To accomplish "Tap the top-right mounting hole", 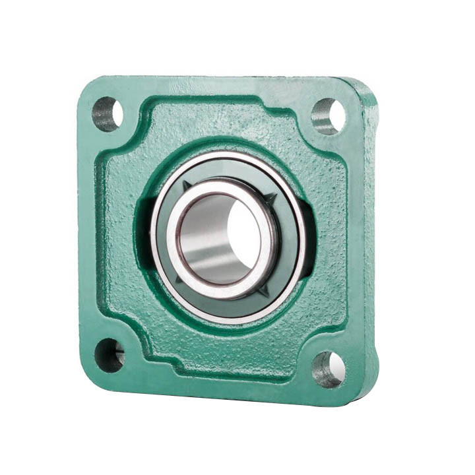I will point(328,116).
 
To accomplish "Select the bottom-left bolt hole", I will point(109,355).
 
